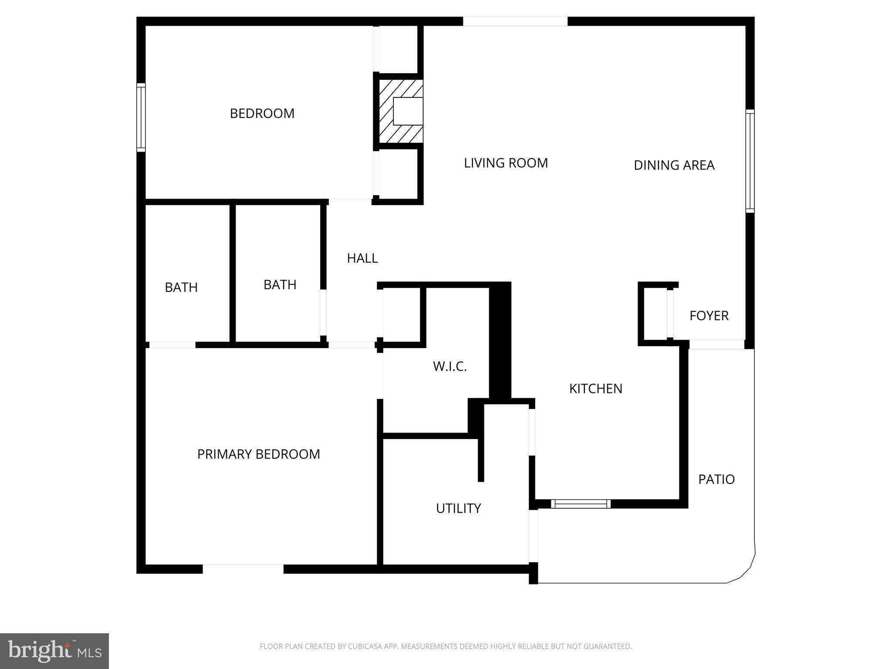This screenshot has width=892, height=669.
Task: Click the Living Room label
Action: (506, 163)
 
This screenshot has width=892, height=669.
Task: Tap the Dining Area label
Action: (674, 165)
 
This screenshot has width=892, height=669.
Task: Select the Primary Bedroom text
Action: (258, 454)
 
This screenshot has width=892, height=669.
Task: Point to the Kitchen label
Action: (595, 389)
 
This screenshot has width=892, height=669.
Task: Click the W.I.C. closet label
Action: (449, 367)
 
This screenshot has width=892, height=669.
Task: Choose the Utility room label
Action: (458, 508)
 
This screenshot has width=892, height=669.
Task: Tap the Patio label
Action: (716, 480)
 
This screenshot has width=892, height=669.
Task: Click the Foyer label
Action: (709, 316)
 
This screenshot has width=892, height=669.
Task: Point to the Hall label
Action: (362, 258)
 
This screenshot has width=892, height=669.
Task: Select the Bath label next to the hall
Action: (280, 285)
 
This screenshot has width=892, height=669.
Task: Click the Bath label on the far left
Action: (181, 287)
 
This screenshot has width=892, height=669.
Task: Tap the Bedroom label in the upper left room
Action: (262, 114)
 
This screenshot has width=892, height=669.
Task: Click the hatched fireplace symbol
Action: (400, 111)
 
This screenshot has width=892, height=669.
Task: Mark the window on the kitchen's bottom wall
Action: (581, 504)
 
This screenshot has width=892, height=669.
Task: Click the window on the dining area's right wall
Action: (750, 161)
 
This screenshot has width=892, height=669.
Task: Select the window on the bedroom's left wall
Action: (141, 117)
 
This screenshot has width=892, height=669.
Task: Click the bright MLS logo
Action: (54, 651)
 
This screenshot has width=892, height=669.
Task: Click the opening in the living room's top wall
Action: (515, 21)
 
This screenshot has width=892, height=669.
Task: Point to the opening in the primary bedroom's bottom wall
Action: (243, 569)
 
